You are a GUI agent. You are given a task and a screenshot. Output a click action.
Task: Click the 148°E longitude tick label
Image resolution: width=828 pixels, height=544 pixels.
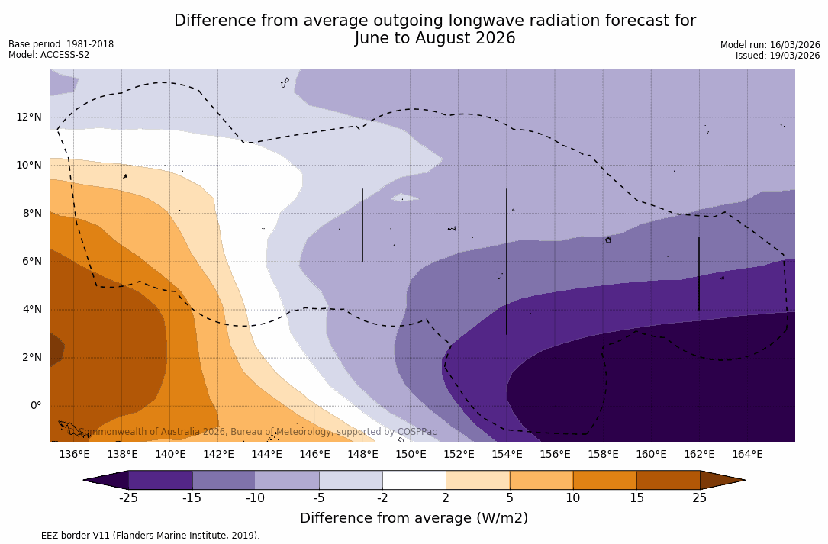(362, 455)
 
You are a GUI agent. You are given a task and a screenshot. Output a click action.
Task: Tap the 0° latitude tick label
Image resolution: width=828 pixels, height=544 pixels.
(35, 406)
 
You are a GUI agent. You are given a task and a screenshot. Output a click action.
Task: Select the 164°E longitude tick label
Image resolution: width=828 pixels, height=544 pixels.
(747, 455)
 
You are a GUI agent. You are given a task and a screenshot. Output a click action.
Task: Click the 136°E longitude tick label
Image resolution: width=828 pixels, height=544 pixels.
(74, 455)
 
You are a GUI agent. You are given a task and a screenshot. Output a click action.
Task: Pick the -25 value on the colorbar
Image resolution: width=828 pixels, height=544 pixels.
(128, 498)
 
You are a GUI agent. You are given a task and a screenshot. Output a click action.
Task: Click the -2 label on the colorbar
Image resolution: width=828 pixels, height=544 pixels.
(382, 498)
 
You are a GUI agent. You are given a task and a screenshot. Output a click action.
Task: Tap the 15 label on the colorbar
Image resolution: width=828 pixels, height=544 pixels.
(636, 498)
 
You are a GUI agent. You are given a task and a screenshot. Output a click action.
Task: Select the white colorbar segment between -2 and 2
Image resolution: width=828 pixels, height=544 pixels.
(414, 480)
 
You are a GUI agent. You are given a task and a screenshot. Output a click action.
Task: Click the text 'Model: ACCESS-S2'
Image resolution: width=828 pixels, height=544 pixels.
(49, 55)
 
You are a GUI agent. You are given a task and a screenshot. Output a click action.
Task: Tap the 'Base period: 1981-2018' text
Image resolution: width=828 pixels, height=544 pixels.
(61, 44)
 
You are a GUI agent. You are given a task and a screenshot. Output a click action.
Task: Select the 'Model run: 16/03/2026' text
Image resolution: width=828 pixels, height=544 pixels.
(770, 45)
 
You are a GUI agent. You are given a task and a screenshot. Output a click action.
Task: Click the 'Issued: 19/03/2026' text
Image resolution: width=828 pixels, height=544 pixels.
(778, 56)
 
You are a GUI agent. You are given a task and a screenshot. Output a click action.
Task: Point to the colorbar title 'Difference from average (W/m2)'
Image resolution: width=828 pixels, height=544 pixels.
(414, 518)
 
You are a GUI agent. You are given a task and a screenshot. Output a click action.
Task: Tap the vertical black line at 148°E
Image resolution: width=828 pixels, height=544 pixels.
(362, 225)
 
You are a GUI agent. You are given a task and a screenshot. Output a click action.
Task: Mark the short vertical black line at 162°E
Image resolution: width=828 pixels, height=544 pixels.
(698, 273)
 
